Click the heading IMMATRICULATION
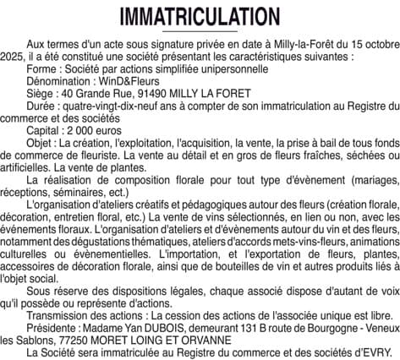200,17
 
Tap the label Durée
41,103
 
